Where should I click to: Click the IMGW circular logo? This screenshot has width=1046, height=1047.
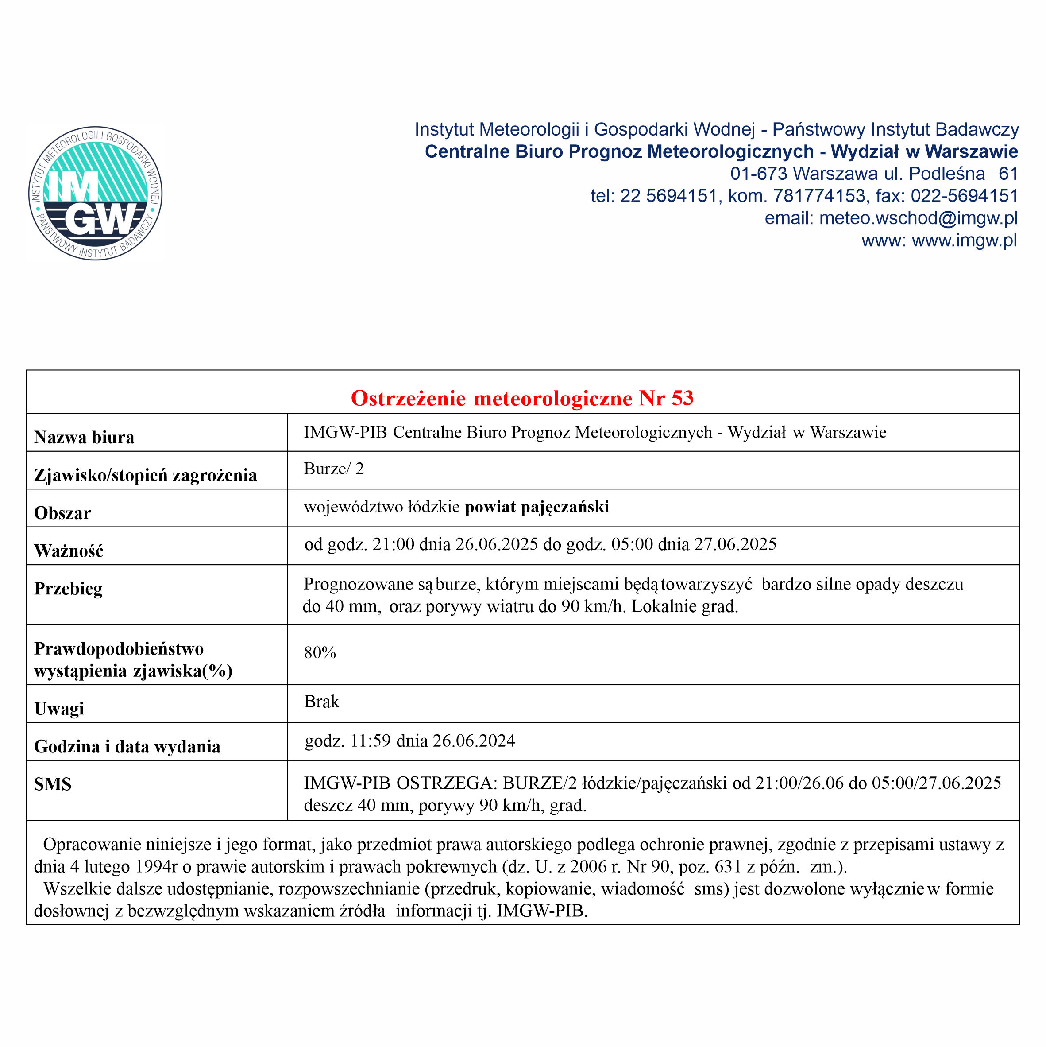[x=95, y=194]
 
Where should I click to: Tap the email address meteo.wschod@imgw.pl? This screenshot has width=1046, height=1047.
[x=918, y=218]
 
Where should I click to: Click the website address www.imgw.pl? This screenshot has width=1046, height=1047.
[x=964, y=240]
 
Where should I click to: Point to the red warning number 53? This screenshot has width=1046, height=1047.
[x=683, y=398]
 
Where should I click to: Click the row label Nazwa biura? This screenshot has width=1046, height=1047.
[x=84, y=437]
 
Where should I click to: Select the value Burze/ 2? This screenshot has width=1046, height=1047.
[x=334, y=469]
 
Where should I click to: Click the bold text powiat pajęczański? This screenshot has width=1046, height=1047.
[x=537, y=507]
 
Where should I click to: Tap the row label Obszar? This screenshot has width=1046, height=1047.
[x=62, y=513]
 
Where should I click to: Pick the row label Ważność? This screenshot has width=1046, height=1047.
[x=68, y=551]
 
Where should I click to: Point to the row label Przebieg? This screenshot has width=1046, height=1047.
[x=68, y=589]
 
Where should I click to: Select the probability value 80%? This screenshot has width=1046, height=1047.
[x=320, y=652]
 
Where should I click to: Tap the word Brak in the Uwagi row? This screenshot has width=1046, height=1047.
[x=321, y=702]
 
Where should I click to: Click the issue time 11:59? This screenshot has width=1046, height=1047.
[x=370, y=741]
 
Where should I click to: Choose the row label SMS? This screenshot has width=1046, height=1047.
[x=53, y=784]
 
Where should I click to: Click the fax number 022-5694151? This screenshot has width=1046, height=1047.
[x=964, y=196]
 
